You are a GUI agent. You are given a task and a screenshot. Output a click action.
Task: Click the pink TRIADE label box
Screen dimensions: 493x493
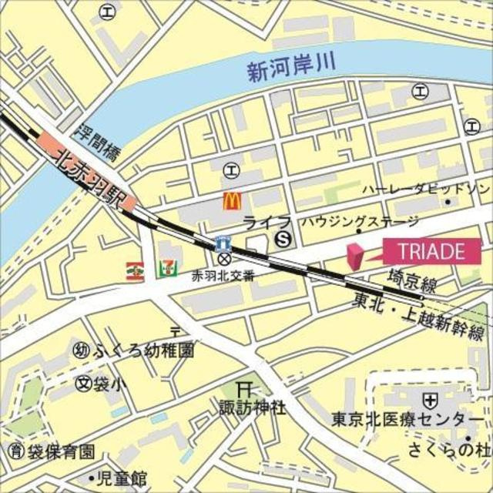[x=431, y=250]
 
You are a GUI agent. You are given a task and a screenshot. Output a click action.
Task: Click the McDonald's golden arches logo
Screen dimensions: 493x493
[x=232, y=201]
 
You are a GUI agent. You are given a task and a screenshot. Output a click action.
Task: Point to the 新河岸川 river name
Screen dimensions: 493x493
[x=292, y=69]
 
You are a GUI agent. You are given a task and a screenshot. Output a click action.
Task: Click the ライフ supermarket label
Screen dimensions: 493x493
[x=256, y=223]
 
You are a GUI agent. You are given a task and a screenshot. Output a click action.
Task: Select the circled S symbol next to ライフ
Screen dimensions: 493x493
[x=284, y=238]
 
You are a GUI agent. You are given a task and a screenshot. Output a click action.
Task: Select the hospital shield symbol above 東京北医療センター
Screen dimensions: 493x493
[x=431, y=400]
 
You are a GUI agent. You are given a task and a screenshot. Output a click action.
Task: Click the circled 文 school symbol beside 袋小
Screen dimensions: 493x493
[x=82, y=382]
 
